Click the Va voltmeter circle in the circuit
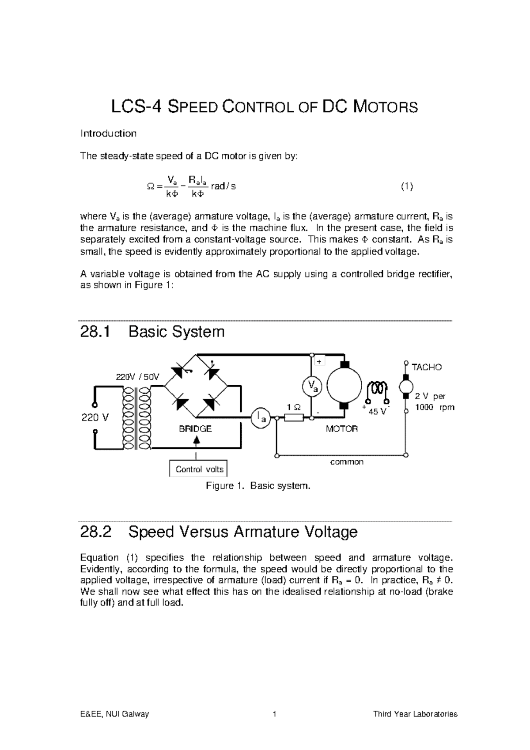[312, 386]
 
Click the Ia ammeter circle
[261, 417]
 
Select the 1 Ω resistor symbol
[294, 417]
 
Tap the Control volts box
[199, 469]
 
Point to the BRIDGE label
[195, 429]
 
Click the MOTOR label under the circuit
[341, 429]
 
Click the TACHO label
[426, 367]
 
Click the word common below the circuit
[347, 462]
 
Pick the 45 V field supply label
[377, 412]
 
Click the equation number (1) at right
[407, 186]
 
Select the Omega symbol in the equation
[150, 187]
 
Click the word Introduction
[108, 133]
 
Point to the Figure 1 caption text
[258, 486]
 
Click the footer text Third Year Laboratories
[415, 714]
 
